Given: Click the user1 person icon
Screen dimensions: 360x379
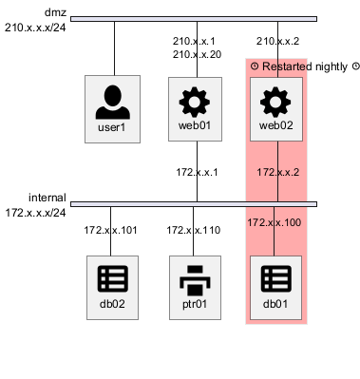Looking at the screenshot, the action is (113, 103).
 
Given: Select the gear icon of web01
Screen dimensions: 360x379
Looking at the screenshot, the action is (195, 102).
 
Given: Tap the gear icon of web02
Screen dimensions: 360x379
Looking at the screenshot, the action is (275, 102).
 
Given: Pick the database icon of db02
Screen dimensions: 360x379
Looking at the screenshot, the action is (113, 278).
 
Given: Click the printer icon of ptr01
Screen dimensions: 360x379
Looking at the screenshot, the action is (195, 281).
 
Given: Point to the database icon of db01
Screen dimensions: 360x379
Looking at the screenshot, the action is (275, 278).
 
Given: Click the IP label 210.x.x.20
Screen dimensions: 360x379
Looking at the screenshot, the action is (197, 54).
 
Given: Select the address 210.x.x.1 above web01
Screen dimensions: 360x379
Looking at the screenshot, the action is (194, 41).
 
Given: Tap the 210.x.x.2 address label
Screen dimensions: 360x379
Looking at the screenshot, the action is (277, 41).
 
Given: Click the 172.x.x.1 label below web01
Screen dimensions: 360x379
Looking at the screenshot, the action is (197, 172).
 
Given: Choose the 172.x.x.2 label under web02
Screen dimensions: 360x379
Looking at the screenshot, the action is (277, 172).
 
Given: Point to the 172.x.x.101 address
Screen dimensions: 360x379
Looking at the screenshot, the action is (110, 230).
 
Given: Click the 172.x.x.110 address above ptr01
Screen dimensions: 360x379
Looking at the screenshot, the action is (194, 230).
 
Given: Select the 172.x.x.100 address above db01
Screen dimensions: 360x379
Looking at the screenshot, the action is (275, 222).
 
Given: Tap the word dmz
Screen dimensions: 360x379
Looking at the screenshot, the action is (55, 12).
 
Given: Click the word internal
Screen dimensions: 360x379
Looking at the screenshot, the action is (47, 198).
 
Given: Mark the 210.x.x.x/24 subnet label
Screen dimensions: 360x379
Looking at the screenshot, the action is (35, 28).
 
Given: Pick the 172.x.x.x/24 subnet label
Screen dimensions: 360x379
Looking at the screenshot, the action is (35, 213).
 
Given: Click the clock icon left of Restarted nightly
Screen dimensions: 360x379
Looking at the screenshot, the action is (255, 66).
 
